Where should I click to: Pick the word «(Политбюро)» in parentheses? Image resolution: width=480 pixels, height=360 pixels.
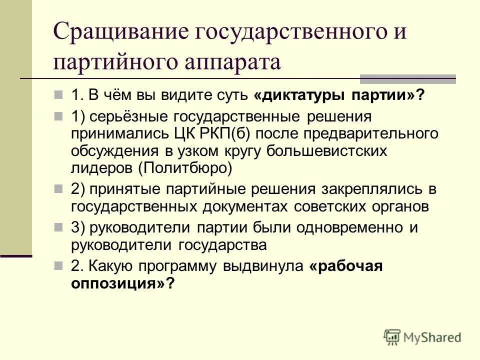[x=186, y=167]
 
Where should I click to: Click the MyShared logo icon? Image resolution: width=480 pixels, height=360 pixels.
[x=393, y=337]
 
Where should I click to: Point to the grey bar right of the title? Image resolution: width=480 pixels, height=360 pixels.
[x=408, y=78]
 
